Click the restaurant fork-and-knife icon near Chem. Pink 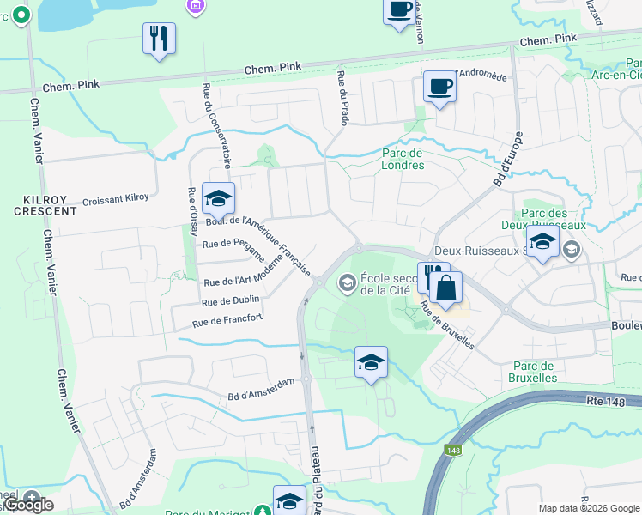[159, 39]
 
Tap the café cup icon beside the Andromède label [439, 87]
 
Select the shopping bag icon [446, 287]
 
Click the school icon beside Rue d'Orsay [218, 199]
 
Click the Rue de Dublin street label [230, 301]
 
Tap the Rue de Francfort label [227, 321]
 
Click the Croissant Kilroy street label [116, 199]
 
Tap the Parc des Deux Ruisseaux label [554, 219]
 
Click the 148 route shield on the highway [454, 450]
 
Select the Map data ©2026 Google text [588, 508]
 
